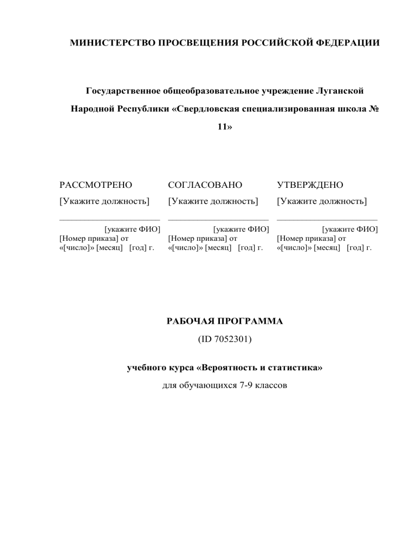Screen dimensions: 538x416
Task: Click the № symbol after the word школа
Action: click(x=373, y=109)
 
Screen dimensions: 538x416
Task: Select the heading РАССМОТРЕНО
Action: click(x=96, y=185)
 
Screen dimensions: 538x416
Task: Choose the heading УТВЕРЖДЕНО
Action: click(x=310, y=185)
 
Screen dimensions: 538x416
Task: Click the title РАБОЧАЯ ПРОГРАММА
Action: click(x=223, y=322)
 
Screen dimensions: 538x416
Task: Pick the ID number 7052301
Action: click(x=230, y=341)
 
